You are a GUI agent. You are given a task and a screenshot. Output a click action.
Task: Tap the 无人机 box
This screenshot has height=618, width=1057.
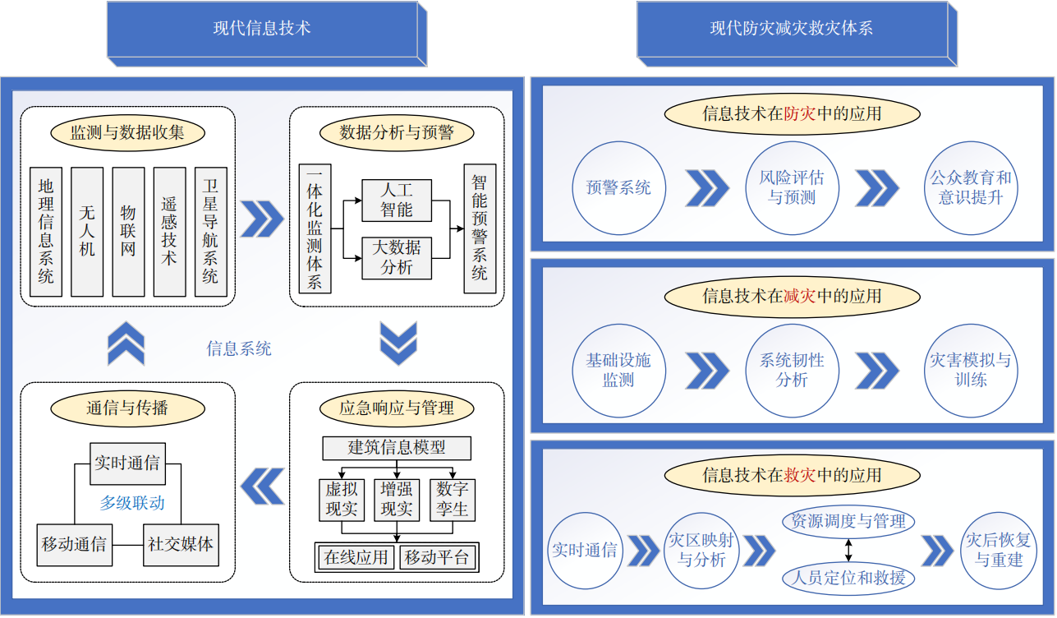pos(87,232)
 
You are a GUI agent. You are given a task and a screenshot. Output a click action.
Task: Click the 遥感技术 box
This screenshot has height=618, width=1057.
pos(169,232)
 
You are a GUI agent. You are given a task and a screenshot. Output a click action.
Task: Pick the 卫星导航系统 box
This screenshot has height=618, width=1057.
pos(210,232)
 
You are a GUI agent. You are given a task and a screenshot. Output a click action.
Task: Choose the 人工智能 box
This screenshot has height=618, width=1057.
pos(397,200)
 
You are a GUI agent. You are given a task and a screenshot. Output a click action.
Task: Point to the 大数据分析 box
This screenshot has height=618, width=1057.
pos(397,257)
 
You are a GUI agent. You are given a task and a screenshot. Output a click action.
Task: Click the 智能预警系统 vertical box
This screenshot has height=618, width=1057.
pos(480,228)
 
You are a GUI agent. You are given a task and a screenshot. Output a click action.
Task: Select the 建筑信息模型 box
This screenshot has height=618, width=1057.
pos(397,448)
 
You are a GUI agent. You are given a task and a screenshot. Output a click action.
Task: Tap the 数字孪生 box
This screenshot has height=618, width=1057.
pos(453,500)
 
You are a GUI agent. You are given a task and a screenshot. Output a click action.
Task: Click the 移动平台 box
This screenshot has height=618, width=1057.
pos(437,557)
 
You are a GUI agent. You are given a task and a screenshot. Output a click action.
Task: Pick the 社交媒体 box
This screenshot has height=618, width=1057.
pos(181,544)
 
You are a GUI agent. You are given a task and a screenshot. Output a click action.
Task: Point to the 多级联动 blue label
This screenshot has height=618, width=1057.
pos(132,503)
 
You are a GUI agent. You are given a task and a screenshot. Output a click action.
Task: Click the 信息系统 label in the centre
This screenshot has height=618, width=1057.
pos(239,348)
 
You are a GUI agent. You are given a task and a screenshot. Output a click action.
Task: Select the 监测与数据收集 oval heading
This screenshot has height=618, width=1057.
pos(127,132)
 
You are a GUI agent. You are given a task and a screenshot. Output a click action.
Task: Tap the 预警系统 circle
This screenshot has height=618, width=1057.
pos(618,187)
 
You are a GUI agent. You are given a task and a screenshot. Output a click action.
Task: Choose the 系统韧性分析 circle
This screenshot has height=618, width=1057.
pos(792,370)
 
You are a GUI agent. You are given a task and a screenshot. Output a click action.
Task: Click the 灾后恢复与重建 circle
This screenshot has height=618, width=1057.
pos(998,550)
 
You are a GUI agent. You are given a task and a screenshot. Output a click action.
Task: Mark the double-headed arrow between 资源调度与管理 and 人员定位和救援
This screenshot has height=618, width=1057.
pos(848,549)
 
